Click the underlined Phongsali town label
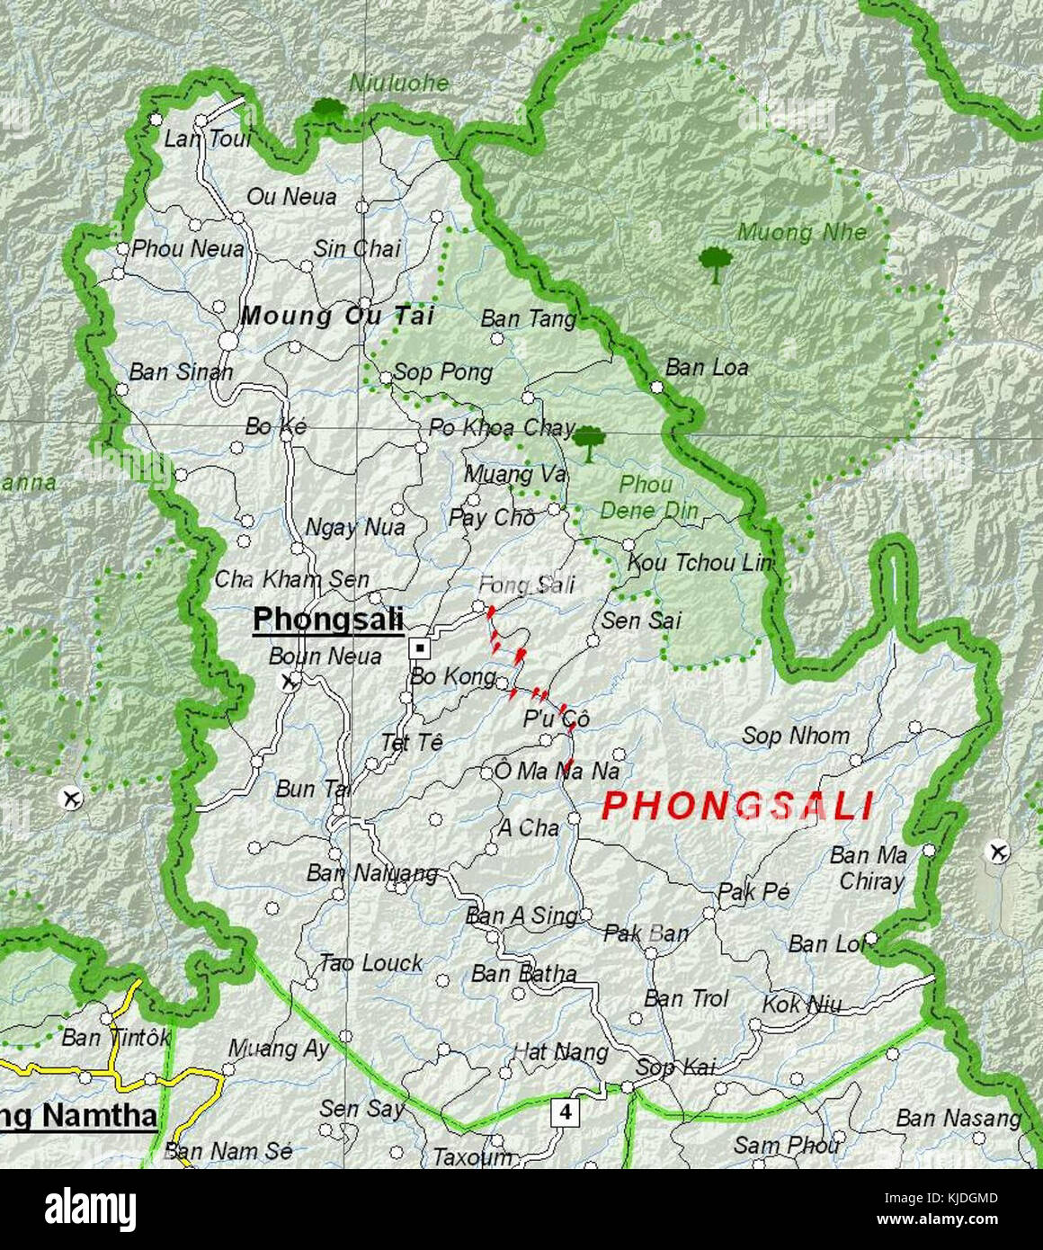tap(327, 619)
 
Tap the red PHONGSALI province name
tap(737, 806)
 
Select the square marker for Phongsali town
tap(419, 647)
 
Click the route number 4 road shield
tap(565, 1112)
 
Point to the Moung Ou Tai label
tap(337, 316)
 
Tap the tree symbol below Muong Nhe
tap(715, 263)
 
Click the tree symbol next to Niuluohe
tap(329, 111)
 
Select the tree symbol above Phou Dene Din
tap(589, 442)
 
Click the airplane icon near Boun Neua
tap(289, 681)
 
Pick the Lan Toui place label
tap(207, 139)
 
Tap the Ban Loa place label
tap(707, 367)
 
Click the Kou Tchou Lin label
tap(700, 563)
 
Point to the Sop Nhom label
tap(795, 736)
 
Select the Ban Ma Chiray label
tap(869, 868)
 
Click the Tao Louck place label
tap(370, 963)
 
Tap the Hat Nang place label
tap(560, 1051)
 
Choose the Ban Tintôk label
tap(115, 1038)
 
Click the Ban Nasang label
tap(958, 1118)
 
